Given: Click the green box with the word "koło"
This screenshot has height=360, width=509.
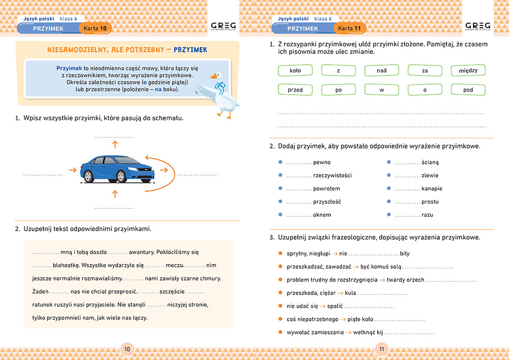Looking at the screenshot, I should click(x=295, y=70).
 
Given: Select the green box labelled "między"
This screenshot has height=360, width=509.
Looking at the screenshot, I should click(x=468, y=70).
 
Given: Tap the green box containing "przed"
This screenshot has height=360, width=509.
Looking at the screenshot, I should click(x=295, y=90).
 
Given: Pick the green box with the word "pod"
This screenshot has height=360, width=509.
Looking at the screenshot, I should click(x=468, y=90).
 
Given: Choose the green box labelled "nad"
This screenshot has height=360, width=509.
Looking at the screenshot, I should click(x=381, y=70).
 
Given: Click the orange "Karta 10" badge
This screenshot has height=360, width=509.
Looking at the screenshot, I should click(x=95, y=29).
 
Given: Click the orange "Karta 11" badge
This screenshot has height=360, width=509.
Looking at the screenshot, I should click(x=349, y=29).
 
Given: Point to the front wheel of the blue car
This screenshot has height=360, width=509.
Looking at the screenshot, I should click(x=121, y=176).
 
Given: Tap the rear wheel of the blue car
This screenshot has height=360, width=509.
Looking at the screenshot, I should click(x=89, y=176).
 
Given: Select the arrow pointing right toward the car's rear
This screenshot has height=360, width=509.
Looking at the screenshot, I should click(x=72, y=170).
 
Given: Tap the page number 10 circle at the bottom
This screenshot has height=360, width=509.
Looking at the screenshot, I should click(x=127, y=349).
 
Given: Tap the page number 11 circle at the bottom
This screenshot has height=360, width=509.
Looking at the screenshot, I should click(x=382, y=349).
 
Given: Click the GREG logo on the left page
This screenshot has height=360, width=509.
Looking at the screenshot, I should click(x=222, y=25).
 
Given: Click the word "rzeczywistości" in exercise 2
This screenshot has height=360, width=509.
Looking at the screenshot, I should click(x=332, y=176).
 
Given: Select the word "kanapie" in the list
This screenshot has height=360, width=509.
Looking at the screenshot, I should click(x=432, y=188).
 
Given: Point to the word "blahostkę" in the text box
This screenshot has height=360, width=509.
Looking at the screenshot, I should click(x=66, y=265).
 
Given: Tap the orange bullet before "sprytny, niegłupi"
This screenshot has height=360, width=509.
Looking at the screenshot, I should click(x=280, y=253).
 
